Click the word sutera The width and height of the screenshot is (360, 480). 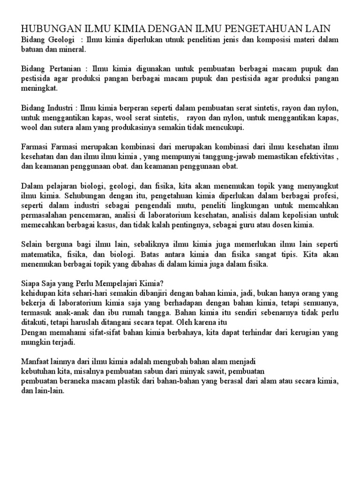click(69, 127)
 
